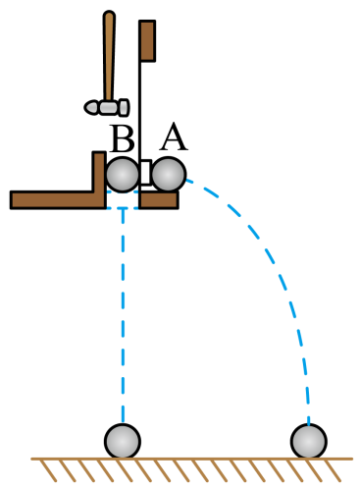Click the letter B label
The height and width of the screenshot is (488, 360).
[x=123, y=138]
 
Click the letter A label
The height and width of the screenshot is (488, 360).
[x=174, y=136]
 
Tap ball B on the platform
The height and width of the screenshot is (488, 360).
[x=123, y=175]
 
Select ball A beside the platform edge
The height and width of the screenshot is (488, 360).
[x=169, y=175]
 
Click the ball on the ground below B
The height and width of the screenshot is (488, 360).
[x=123, y=441]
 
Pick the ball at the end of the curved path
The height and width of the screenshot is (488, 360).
[x=309, y=441]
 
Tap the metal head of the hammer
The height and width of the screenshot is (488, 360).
[x=107, y=107]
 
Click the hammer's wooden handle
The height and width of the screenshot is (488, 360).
[x=109, y=56]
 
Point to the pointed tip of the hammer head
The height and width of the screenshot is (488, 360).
[x=85, y=107]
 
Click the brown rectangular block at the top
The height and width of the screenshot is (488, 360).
[x=147, y=40]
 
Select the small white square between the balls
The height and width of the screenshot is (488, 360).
[x=146, y=173]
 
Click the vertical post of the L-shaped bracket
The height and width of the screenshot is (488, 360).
[x=99, y=172]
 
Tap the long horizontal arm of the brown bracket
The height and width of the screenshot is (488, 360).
[x=58, y=199]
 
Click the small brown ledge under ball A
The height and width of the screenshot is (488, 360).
[x=159, y=200]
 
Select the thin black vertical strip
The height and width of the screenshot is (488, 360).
[x=140, y=108]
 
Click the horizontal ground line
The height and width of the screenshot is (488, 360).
[x=192, y=459]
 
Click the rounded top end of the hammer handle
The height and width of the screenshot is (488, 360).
[x=109, y=13]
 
